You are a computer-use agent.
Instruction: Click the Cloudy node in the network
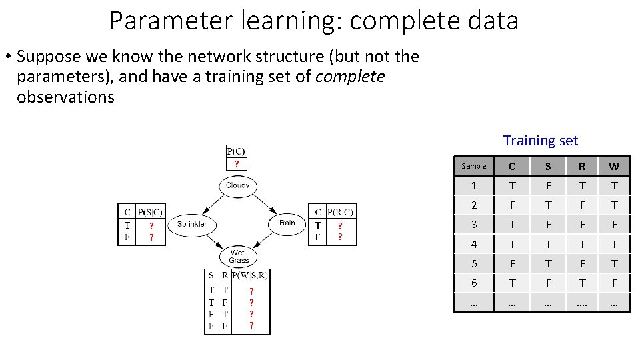point(237,185)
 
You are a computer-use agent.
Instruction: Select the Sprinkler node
point(191,224)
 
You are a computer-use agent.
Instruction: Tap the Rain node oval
point(287,223)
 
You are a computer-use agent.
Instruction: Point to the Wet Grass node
point(238,257)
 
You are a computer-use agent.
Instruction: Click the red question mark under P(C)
point(236,164)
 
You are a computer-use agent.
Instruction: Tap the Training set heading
point(540,141)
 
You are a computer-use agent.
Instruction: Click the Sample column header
point(474,166)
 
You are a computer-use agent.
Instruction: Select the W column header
point(614,166)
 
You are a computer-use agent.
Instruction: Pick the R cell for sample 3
point(582,225)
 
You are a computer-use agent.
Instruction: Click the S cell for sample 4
point(548,245)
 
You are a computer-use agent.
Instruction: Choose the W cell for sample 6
point(614,283)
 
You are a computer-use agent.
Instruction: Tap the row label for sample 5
point(474,264)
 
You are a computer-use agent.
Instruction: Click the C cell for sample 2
point(512,205)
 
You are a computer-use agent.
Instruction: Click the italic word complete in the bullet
point(350,77)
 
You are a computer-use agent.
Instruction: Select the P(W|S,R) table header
point(250,275)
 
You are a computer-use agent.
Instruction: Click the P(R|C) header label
point(339,212)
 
